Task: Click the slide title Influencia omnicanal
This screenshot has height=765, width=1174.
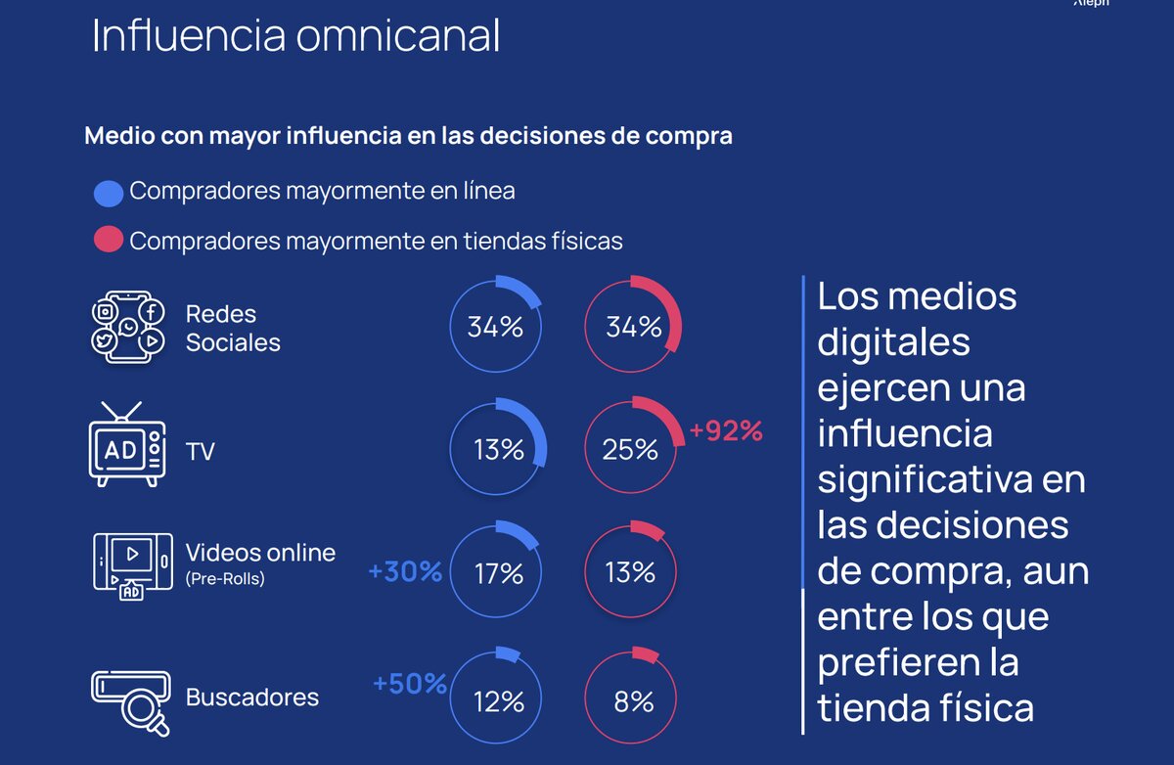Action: click(x=295, y=36)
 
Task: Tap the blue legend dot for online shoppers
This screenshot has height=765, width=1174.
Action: click(x=108, y=193)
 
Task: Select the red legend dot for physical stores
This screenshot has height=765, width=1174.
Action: click(x=108, y=240)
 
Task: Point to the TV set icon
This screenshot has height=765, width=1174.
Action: click(x=126, y=445)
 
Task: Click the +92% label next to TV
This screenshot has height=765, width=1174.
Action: click(x=725, y=430)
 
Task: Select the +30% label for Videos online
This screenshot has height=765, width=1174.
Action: click(x=405, y=571)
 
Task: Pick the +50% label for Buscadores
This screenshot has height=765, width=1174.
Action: click(x=410, y=683)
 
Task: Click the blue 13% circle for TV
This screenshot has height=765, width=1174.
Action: click(x=497, y=449)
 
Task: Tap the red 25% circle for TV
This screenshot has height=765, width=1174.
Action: click(x=632, y=449)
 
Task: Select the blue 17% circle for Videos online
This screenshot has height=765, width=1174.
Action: click(x=497, y=571)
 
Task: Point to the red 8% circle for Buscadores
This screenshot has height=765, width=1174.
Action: click(x=632, y=700)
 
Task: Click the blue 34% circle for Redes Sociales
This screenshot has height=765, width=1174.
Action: click(x=495, y=327)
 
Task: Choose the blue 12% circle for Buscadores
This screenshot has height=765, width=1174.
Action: click(x=497, y=700)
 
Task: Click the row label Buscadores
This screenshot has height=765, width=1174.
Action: click(x=252, y=697)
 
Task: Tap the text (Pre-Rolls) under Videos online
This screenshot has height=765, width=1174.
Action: click(x=225, y=578)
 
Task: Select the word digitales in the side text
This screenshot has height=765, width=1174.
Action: click(x=893, y=341)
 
